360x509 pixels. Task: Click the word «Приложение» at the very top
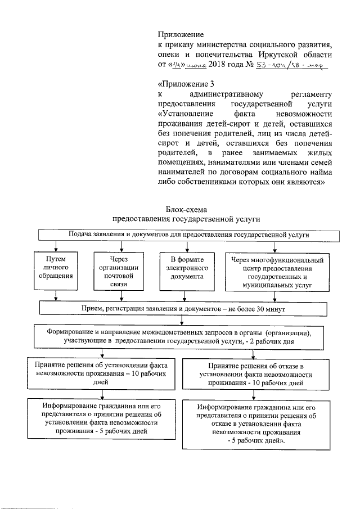coord(180,34)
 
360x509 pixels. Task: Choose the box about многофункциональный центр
coord(277,272)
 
